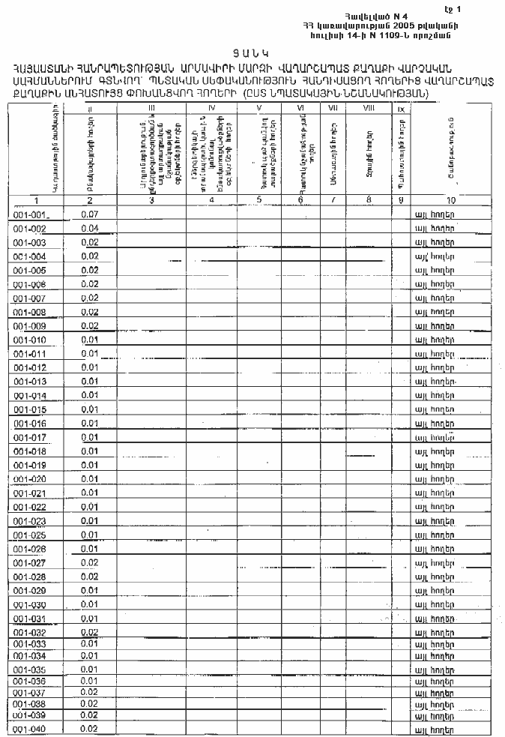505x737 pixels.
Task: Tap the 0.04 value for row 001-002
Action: coord(90,229)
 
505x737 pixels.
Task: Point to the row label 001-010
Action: coord(30,340)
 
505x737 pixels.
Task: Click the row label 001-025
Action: coord(30,535)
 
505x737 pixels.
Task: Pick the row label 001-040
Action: coord(30,729)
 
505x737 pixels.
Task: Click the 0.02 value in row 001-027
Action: coord(90,562)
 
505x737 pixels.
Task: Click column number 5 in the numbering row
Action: coord(258,200)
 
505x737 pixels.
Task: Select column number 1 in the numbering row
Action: coord(36,200)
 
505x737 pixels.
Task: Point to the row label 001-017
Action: coord(30,437)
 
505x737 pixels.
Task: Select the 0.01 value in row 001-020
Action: coord(90,478)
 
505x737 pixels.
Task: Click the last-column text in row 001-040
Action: coord(435,729)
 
